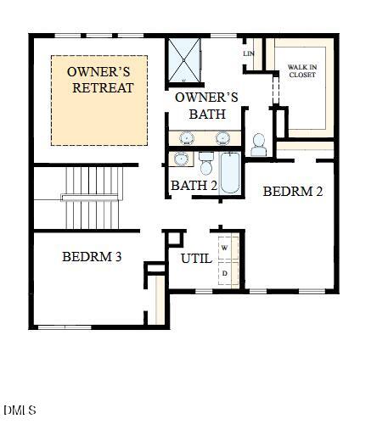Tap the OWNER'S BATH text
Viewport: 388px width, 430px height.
(x=206, y=105)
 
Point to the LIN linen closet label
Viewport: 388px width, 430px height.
(x=249, y=54)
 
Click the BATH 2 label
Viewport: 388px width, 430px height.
(x=194, y=185)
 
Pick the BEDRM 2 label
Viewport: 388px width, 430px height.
(x=293, y=192)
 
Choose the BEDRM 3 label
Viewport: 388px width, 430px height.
(x=92, y=256)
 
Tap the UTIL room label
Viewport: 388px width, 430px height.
(x=196, y=259)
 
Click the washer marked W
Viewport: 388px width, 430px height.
(x=225, y=247)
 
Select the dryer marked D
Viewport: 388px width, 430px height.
(x=225, y=274)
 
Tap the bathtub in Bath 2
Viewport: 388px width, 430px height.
(x=230, y=172)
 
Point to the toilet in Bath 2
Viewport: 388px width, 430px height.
(x=205, y=162)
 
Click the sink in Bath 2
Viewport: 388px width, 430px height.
(x=180, y=159)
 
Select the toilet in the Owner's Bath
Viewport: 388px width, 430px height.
(x=259, y=145)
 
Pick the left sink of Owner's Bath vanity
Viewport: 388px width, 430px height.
(x=187, y=137)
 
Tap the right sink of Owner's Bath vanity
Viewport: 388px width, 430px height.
(x=222, y=137)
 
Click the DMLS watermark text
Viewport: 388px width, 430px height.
(x=20, y=410)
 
